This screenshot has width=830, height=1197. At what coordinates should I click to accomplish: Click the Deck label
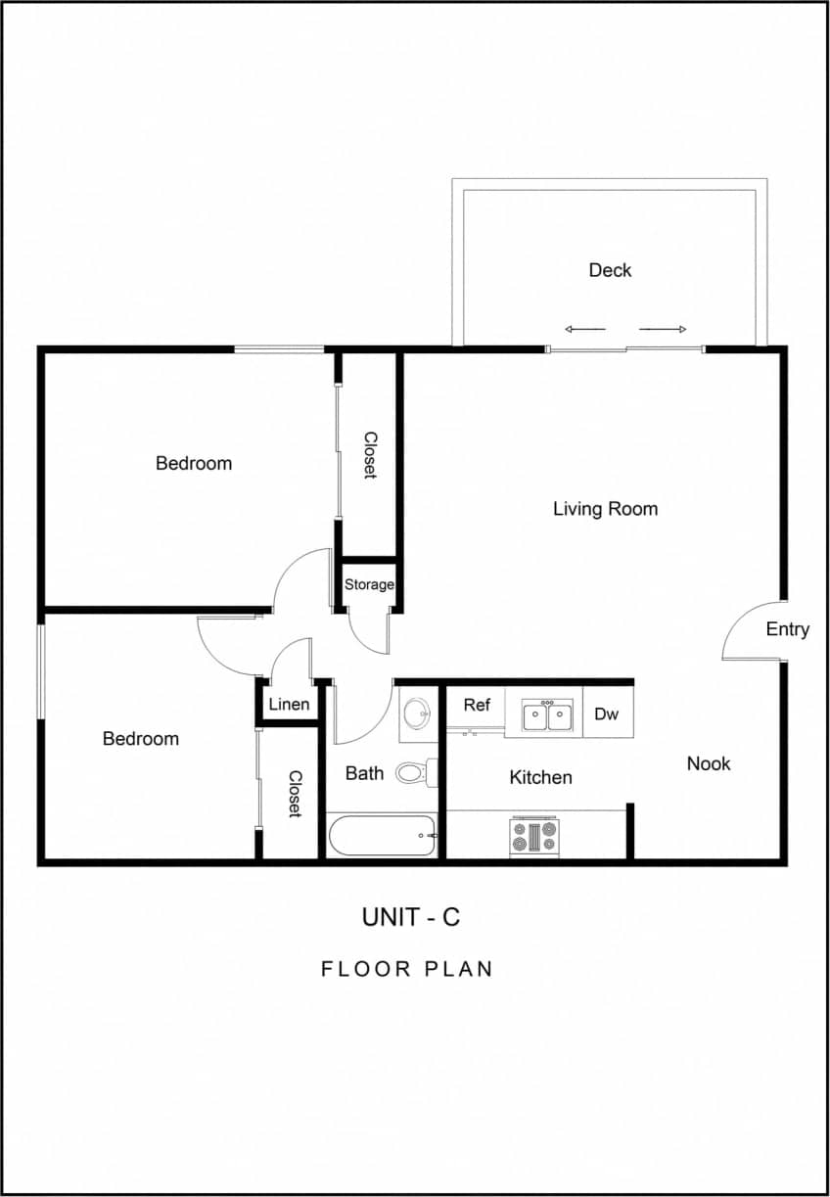[610, 270]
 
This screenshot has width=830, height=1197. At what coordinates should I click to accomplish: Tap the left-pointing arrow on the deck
[585, 329]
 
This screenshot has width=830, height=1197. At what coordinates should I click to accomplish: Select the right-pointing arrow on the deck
[664, 329]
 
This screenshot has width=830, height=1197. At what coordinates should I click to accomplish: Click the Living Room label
[605, 509]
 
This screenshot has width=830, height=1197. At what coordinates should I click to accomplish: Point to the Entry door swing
[748, 631]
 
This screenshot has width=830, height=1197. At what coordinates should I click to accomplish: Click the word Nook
[708, 763]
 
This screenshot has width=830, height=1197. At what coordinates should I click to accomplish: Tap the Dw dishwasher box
[607, 714]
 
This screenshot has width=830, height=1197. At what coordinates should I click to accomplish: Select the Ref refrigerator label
[477, 705]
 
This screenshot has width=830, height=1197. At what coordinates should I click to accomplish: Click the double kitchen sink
[547, 716]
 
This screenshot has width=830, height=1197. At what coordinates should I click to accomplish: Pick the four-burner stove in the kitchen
[533, 837]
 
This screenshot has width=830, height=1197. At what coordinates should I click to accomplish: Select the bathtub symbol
[382, 837]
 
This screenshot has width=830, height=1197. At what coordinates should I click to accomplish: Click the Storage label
[369, 585]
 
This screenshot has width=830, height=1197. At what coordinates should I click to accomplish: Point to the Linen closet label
[289, 705]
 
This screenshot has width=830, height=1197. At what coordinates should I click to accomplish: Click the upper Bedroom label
[194, 463]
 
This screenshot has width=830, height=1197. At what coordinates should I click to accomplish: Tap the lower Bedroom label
[141, 739]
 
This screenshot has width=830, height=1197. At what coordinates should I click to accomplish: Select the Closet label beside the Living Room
[370, 455]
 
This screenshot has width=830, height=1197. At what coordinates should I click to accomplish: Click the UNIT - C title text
[410, 917]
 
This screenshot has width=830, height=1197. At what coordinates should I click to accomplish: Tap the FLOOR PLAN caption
[407, 969]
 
